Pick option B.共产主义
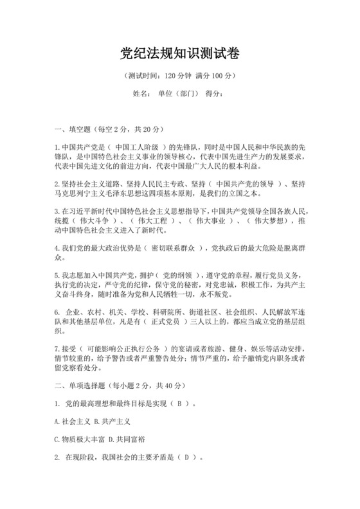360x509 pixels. [112, 422]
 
